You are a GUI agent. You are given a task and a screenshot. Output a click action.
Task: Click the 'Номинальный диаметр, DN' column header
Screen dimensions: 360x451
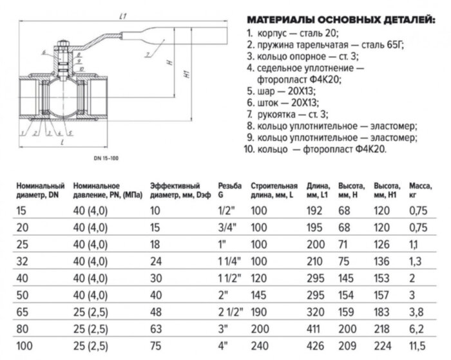pos(41,189)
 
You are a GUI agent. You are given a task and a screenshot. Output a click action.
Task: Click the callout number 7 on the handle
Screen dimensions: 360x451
pos(146,53)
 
